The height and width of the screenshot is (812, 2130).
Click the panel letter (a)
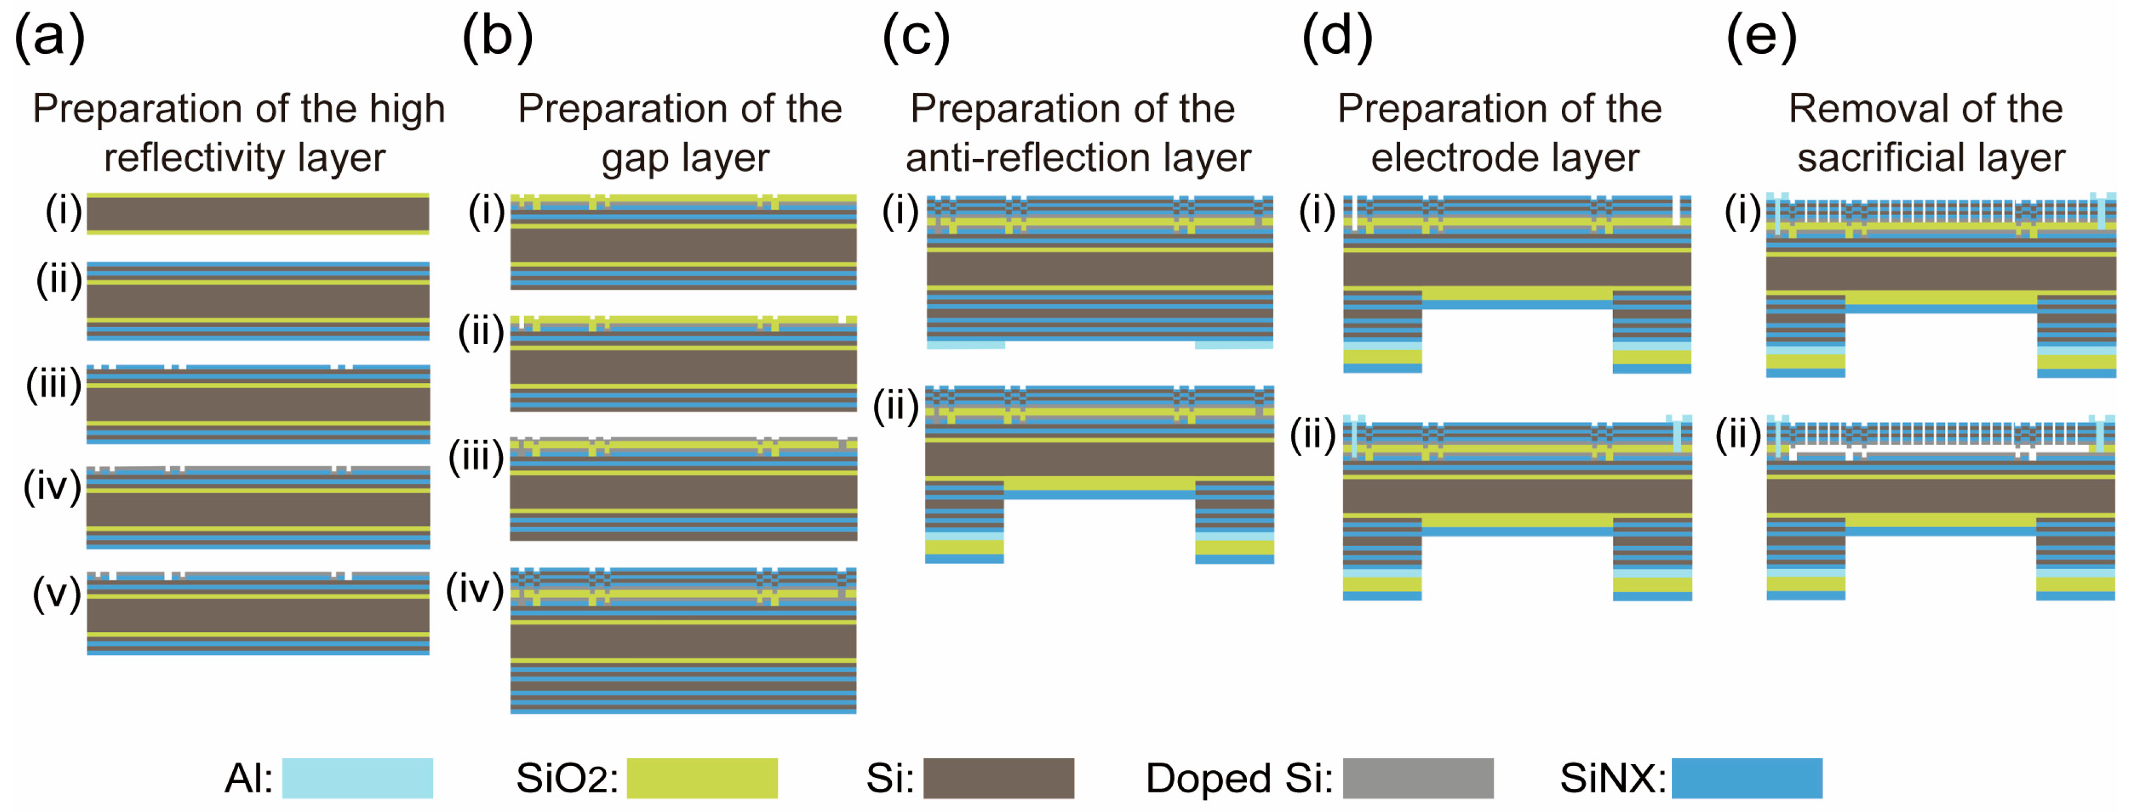49,38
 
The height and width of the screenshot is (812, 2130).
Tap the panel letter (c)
916,38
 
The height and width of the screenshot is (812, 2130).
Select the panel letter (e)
1761,38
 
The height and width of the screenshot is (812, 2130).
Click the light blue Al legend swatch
357,777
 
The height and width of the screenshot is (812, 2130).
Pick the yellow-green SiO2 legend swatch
702,777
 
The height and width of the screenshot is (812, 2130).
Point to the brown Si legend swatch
998,777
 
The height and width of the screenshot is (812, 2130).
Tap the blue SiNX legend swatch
1746,777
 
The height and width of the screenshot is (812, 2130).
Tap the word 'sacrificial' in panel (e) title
1870,157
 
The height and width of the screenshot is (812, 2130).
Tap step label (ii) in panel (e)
1738,434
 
